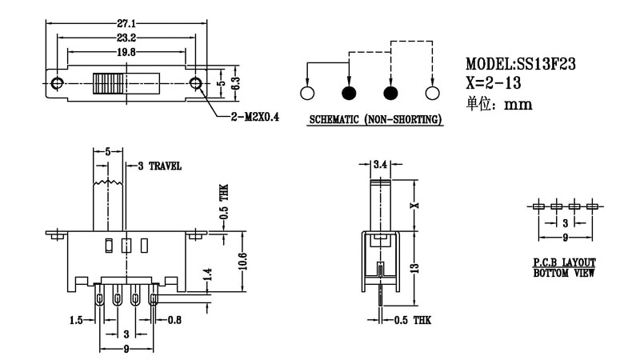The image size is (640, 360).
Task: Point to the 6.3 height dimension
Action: (234, 83)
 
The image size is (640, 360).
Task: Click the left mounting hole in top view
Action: (57, 83)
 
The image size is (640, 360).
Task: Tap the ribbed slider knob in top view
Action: (109, 83)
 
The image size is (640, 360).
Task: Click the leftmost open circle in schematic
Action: (306, 94)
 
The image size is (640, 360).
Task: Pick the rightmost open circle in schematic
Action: (433, 94)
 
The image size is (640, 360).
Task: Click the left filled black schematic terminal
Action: (349, 94)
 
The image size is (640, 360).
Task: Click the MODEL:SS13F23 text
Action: (522, 64)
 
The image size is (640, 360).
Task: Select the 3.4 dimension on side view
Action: (381, 164)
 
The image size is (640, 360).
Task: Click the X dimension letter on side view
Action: (414, 206)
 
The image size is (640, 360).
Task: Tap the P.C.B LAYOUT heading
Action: (564, 262)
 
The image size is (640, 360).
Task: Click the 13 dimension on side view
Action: (414, 270)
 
